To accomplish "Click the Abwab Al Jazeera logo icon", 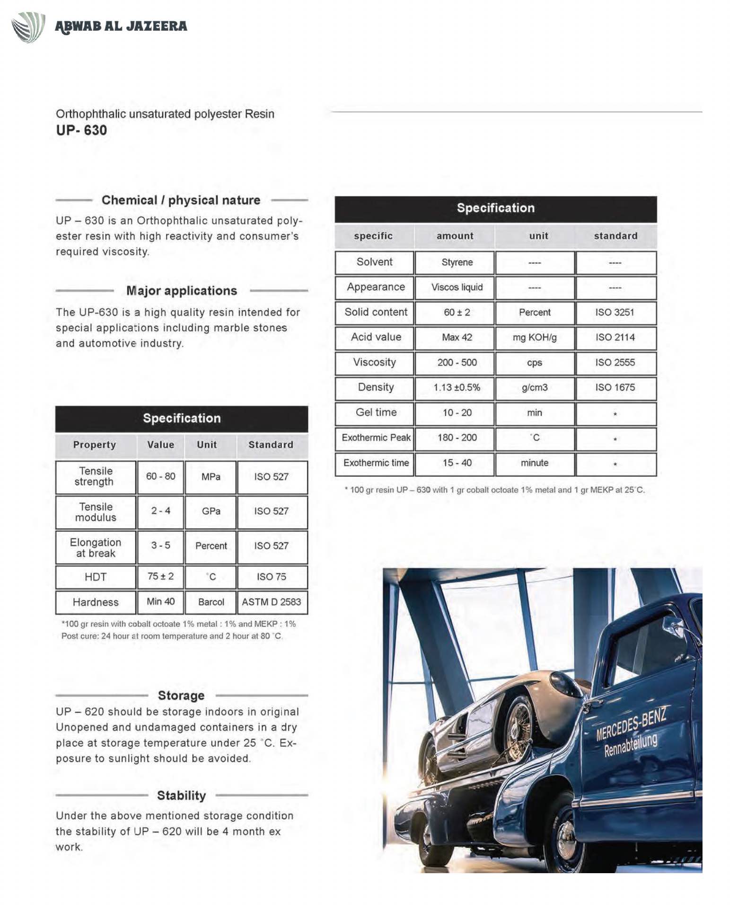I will [x=28, y=27].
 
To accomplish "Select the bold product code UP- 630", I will [x=81, y=130].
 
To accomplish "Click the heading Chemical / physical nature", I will [x=181, y=200].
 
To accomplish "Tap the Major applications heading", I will [x=182, y=291].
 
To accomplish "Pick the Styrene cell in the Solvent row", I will [x=457, y=262].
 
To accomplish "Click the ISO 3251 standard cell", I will [x=615, y=313].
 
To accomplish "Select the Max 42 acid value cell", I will [x=457, y=338].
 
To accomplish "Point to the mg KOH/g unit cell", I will [x=535, y=338].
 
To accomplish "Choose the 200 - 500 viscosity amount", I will [x=457, y=363].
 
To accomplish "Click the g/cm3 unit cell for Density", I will [x=535, y=388].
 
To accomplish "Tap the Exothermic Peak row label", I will [x=376, y=438].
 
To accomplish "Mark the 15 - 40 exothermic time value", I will [x=457, y=463].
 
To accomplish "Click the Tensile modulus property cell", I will [x=96, y=512].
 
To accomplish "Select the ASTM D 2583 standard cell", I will [x=271, y=602].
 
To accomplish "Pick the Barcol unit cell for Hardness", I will [x=211, y=602].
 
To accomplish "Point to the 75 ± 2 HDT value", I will [x=160, y=577].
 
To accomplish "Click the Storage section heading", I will [x=181, y=696].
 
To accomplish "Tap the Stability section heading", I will [x=181, y=796].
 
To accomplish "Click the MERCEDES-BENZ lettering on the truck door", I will [x=631, y=723].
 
